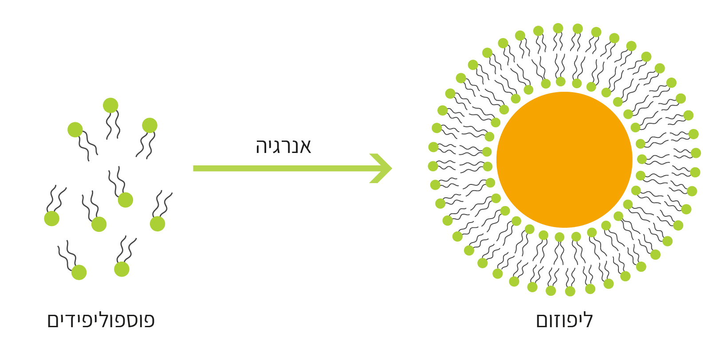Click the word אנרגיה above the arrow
click(x=283, y=146)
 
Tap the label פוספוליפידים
click(x=101, y=320)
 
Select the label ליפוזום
click(x=564, y=320)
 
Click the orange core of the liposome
click(x=564, y=160)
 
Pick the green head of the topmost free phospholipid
click(x=110, y=106)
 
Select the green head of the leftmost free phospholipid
click(x=52, y=219)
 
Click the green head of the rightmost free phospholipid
click(x=157, y=223)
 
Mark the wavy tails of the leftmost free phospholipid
click(x=56, y=199)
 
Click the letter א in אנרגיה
click(x=305, y=147)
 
